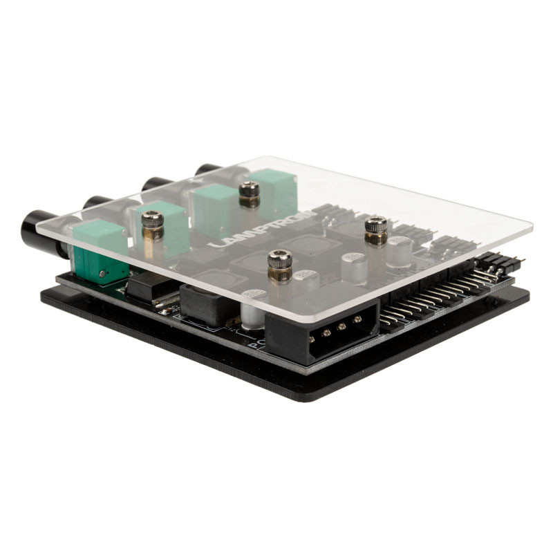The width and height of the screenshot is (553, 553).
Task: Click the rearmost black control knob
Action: point(207,169)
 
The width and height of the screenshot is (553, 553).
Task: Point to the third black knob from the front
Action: point(156,184)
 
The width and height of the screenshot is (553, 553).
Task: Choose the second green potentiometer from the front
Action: point(162,225)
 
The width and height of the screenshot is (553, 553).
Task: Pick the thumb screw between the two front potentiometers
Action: point(153,225)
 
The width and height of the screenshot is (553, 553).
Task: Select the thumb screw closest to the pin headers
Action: point(376,229)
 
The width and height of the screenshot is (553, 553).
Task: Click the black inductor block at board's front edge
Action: point(208,304)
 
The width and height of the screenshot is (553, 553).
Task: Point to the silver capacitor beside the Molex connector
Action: point(253,315)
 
